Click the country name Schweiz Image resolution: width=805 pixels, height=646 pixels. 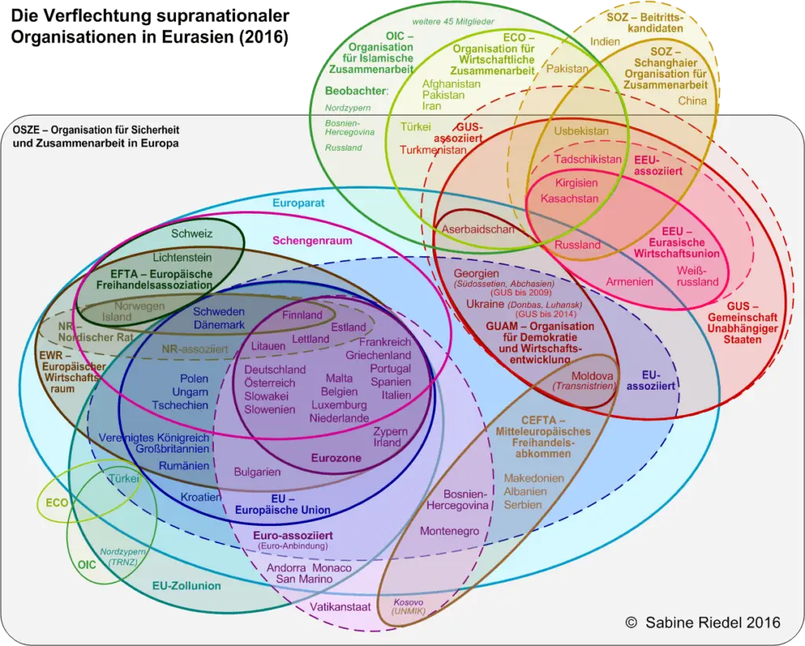[x=192, y=233]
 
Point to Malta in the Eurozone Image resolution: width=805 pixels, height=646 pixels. [x=339, y=378]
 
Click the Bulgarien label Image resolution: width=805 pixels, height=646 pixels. [x=257, y=472]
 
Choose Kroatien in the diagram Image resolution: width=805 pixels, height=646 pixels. [x=201, y=497]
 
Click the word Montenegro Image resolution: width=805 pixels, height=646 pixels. [x=450, y=531]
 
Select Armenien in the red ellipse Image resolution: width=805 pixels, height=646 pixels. [x=629, y=281]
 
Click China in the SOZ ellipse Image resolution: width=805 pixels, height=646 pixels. [x=693, y=101]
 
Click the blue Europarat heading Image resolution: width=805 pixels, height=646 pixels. [x=299, y=204]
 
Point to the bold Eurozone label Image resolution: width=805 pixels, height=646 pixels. [x=336, y=457]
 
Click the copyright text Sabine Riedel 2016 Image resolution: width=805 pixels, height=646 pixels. [x=704, y=622]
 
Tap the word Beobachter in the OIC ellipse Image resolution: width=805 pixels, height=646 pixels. [x=356, y=91]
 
